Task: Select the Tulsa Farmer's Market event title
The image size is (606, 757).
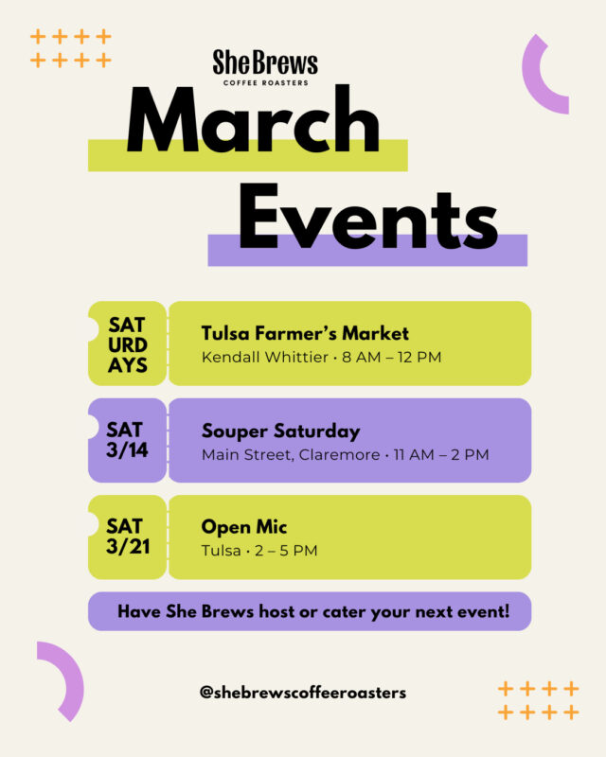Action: click(305, 333)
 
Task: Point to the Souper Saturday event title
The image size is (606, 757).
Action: click(280, 431)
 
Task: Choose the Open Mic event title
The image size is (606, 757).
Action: click(243, 527)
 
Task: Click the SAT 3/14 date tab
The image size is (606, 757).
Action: click(127, 440)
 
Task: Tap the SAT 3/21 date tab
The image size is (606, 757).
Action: click(127, 537)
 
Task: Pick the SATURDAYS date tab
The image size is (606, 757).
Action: click(127, 343)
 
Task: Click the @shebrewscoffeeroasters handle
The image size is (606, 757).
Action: click(303, 693)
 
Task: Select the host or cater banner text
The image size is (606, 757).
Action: click(312, 611)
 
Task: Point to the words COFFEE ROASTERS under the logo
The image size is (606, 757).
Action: click(265, 82)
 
